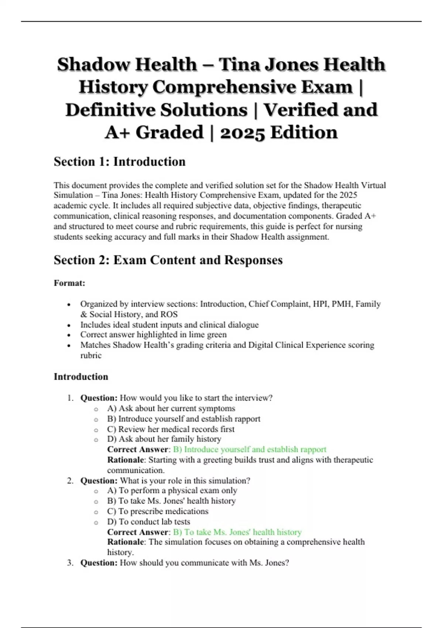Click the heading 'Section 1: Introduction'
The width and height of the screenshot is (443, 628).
pos(119,162)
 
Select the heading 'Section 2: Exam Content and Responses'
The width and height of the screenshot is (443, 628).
pos(168,260)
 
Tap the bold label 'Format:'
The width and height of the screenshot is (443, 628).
pos(69,283)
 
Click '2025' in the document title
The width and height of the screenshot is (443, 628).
pos(242,133)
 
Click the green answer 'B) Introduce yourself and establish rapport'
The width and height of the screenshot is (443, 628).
pos(250,450)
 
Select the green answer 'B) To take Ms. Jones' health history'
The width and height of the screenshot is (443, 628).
pos(237,532)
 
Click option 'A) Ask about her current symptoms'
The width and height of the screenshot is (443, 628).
pos(171,409)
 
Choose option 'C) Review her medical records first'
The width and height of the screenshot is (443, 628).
pos(171,429)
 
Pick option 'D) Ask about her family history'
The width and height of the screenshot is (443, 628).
pos(164,439)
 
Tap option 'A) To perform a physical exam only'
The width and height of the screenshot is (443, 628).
pos(172,491)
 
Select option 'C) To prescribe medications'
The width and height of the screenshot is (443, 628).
pos(158,511)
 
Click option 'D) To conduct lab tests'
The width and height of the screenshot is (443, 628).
pos(148,522)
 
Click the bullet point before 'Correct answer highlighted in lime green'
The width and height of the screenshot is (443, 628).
pos(69,335)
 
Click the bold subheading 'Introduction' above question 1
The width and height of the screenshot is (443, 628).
pos(81,377)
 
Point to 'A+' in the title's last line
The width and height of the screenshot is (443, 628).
pos(117,133)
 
